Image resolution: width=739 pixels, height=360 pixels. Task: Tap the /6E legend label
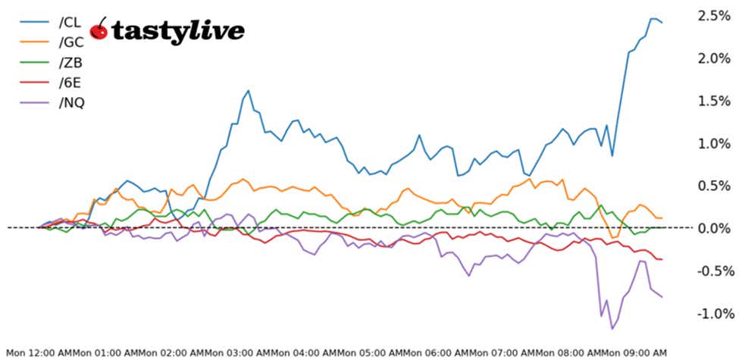pos(70,82)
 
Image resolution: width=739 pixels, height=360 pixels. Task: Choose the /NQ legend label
pos(72,102)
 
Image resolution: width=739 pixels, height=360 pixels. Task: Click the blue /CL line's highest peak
pos(653,18)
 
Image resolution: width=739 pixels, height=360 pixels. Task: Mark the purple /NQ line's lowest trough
pos(612,328)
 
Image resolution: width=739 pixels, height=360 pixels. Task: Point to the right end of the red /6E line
pos(662,259)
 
